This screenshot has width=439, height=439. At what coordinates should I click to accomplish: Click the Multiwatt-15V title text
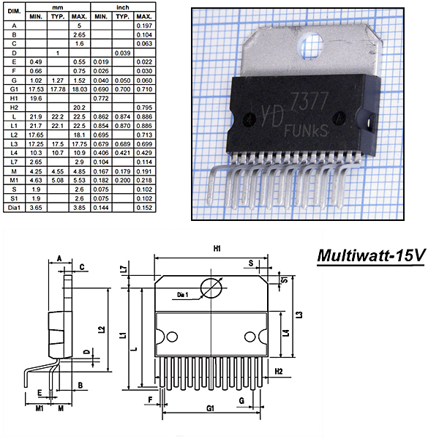tap(371, 255)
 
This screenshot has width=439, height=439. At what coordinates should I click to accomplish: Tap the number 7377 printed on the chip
tap(309, 101)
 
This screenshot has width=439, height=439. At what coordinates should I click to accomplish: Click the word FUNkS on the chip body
tap(306, 131)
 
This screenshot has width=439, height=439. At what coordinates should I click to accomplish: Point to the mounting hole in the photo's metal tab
tap(310, 45)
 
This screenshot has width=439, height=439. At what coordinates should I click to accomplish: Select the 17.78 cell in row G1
tap(58, 89)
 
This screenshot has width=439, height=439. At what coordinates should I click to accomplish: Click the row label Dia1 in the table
tap(14, 208)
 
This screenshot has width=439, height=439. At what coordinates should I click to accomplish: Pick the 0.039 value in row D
tap(123, 53)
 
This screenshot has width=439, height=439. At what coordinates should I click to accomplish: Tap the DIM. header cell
tap(14, 12)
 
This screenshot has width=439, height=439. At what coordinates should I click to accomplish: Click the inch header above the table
tap(123, 7)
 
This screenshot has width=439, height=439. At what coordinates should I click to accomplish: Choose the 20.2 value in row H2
tap(79, 108)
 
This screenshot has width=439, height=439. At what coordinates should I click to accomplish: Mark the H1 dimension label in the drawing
tap(217, 248)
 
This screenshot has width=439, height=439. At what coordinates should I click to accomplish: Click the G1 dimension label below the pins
tap(210, 408)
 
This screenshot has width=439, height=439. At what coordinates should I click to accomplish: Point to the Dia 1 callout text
tap(182, 295)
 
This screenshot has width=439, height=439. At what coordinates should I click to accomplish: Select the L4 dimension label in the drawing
tap(286, 333)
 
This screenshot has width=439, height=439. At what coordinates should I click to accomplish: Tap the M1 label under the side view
tap(40, 408)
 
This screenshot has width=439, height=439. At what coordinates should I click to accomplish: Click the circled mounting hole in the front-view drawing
tap(211, 288)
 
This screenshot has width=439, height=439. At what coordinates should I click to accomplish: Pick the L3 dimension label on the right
tap(299, 315)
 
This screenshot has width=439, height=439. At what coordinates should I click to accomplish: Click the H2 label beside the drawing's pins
tap(279, 372)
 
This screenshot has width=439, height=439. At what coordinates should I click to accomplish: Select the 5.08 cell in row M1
tap(58, 180)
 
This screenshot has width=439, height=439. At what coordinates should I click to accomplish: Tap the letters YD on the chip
tap(272, 116)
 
